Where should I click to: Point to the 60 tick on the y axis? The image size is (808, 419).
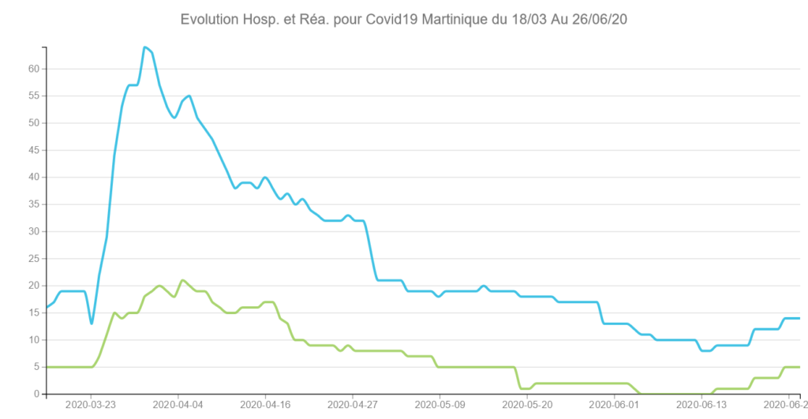(33, 69)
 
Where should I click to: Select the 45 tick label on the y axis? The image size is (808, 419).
(33, 150)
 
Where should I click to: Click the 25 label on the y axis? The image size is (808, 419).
(33, 258)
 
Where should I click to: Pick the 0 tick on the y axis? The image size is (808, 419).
(36, 394)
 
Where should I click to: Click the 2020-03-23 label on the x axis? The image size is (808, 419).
(91, 405)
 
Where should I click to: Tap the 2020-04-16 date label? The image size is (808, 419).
(265, 405)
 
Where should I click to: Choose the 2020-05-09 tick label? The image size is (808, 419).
(440, 405)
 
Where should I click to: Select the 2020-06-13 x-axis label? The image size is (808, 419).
(701, 405)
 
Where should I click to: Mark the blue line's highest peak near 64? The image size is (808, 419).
(145, 47)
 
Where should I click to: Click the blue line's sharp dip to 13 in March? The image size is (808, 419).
(92, 324)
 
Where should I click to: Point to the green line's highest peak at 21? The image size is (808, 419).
(182, 280)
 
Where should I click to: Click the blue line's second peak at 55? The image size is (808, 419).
(189, 95)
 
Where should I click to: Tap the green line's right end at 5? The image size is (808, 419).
(799, 367)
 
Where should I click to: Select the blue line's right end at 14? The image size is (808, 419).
(799, 318)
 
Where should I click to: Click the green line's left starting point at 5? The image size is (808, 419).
(47, 367)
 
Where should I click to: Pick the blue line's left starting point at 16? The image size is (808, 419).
(47, 307)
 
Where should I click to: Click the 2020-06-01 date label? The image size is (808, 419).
(614, 405)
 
